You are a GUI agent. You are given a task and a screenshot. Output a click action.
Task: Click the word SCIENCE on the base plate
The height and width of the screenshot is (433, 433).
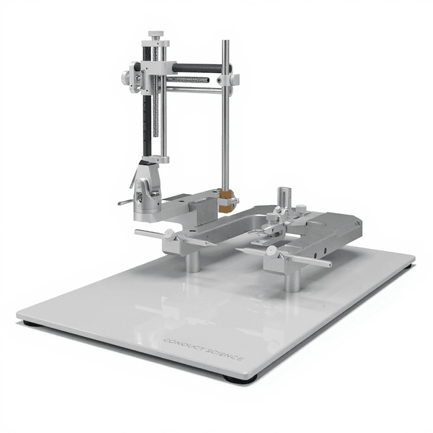224,355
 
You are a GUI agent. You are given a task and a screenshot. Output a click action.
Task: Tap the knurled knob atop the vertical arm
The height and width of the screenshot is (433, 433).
156,35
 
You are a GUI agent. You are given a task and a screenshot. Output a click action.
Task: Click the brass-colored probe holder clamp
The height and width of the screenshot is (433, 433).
225,201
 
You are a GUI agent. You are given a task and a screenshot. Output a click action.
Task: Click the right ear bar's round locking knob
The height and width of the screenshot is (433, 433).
271,251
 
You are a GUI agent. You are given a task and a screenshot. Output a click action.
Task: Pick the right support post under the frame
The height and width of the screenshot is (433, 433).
292,277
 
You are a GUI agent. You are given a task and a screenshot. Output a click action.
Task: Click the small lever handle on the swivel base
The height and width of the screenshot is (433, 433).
124,202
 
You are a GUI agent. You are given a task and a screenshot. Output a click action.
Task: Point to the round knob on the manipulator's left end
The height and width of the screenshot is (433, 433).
126,77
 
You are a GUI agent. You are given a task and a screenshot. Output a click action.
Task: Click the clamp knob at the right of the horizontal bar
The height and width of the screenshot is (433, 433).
234,79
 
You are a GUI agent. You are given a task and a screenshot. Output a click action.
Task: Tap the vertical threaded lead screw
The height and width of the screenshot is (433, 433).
156,115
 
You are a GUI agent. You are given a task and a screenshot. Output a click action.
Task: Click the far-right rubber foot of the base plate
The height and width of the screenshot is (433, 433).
407,266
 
